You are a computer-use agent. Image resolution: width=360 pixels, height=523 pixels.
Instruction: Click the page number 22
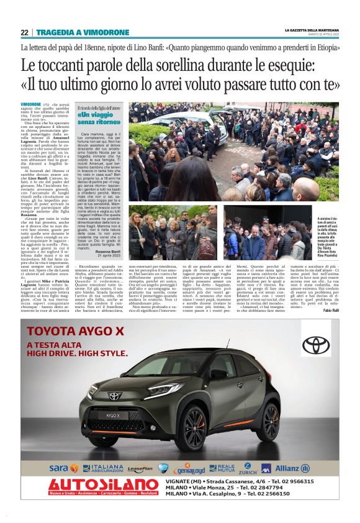[24, 32]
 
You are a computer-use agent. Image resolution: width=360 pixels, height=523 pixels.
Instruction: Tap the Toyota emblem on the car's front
[114, 396]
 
